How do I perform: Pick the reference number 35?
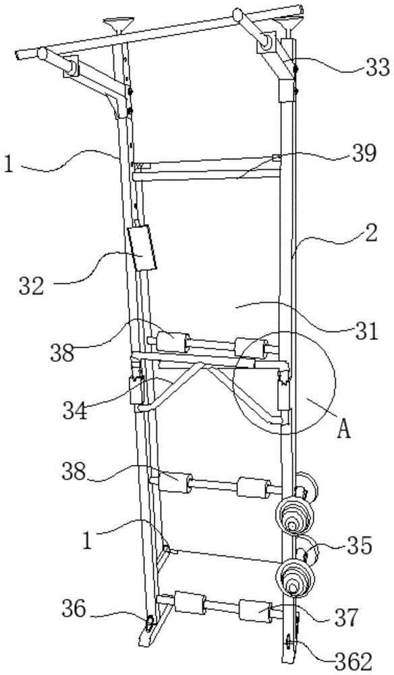[359, 547]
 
